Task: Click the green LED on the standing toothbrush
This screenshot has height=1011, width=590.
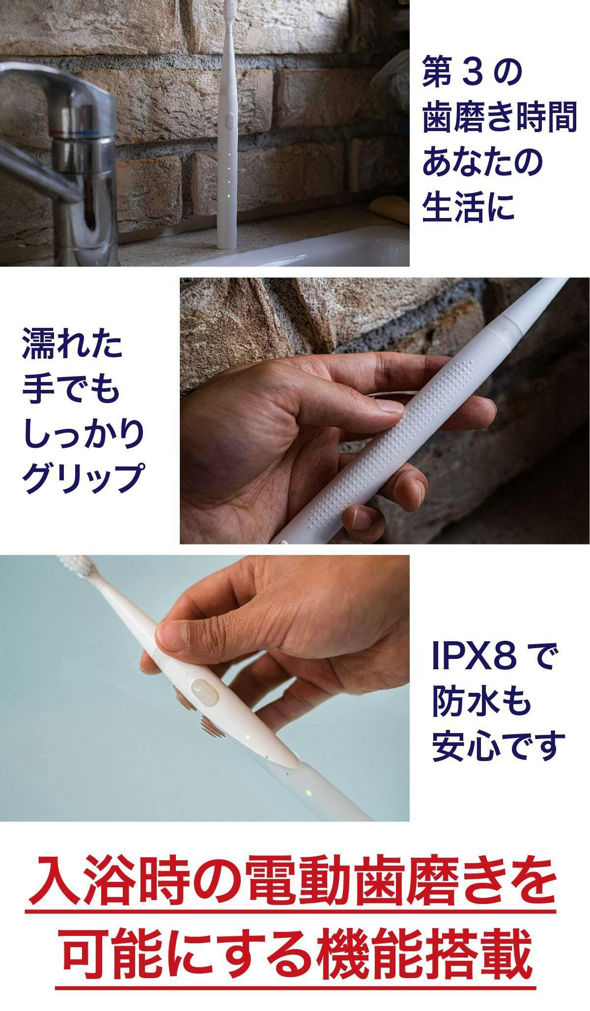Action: coord(228,198)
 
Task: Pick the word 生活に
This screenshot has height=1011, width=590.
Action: coord(467,206)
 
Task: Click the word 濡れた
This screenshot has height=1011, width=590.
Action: coord(72,345)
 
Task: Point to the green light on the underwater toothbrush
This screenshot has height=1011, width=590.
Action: coord(308,793)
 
